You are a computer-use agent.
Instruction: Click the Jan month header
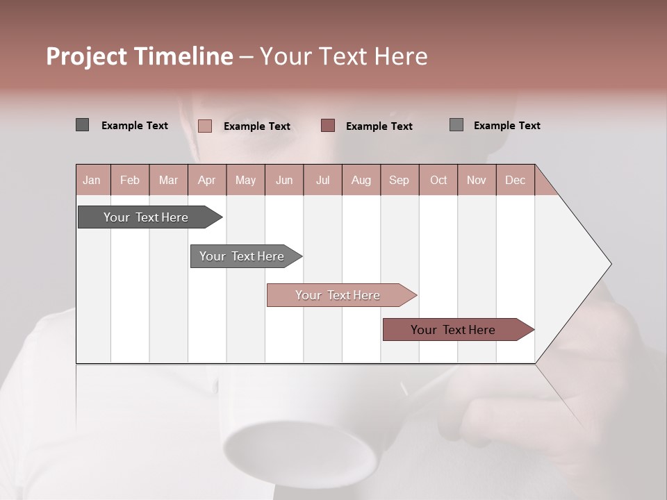(x=92, y=180)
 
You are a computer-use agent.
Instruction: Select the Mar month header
(x=168, y=180)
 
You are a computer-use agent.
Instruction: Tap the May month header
(x=245, y=180)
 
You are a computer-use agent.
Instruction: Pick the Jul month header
(x=322, y=180)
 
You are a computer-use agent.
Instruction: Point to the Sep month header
(x=399, y=180)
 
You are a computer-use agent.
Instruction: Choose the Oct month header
(x=438, y=180)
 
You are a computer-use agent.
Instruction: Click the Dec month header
(x=515, y=180)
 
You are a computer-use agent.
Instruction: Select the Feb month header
(x=130, y=180)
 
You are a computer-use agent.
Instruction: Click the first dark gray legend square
(x=82, y=125)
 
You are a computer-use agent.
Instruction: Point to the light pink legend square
(x=204, y=126)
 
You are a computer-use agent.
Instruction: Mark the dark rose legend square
(x=328, y=125)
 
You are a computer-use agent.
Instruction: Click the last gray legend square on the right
(x=456, y=125)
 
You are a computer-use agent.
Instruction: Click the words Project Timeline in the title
(x=140, y=56)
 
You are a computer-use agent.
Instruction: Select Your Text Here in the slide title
(x=343, y=56)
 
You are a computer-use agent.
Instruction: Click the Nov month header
(x=477, y=180)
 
